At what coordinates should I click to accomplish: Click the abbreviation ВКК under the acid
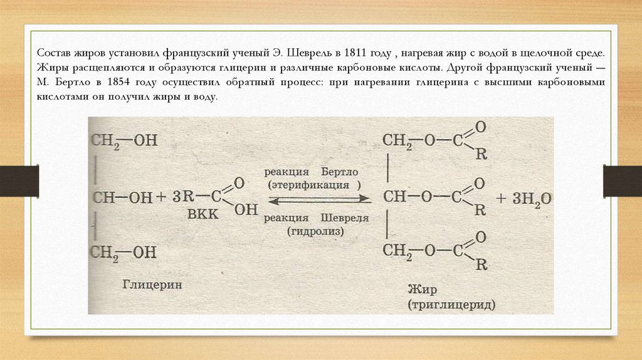click(203, 214)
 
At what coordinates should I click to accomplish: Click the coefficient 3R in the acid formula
click(184, 197)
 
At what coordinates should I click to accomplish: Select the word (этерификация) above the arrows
click(314, 186)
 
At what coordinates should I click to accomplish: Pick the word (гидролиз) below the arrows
click(317, 230)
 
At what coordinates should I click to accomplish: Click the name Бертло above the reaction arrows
click(342, 171)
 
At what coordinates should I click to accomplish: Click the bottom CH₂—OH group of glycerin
click(124, 252)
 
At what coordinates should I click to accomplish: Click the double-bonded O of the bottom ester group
click(480, 238)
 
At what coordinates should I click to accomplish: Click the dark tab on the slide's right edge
click(622, 180)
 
